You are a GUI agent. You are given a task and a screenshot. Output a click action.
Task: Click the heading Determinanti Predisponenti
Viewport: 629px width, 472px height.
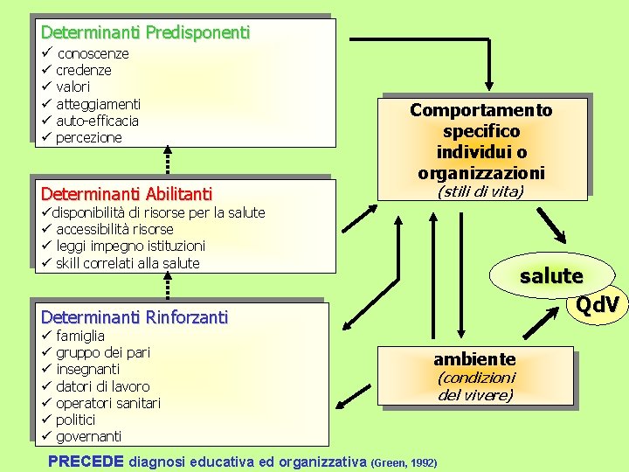pyautogui.click(x=145, y=32)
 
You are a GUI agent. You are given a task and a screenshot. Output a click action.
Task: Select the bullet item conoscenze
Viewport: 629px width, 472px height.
pyautogui.click(x=92, y=53)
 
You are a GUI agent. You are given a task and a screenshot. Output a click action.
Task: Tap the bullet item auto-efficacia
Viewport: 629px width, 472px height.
pyautogui.click(x=97, y=121)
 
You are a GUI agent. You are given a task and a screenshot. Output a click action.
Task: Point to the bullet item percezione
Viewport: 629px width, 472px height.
pyautogui.click(x=88, y=137)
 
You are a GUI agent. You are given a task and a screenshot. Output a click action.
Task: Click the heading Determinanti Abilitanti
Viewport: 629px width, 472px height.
pyautogui.click(x=126, y=193)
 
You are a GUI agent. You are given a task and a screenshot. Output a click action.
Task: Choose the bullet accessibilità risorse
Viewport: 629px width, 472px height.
pyautogui.click(x=114, y=229)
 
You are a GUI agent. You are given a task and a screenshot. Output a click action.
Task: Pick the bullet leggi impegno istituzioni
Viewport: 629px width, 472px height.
pyautogui.click(x=130, y=246)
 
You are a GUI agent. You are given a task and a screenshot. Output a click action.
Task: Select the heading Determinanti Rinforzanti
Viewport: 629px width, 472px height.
pyautogui.click(x=134, y=317)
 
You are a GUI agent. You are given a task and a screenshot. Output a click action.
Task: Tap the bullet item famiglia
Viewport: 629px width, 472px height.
pyautogui.click(x=80, y=336)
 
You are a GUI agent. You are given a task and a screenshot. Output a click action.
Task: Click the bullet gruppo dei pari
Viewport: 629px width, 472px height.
pyautogui.click(x=103, y=352)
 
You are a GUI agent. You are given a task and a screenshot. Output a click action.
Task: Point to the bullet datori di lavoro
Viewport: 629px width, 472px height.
pyautogui.click(x=102, y=386)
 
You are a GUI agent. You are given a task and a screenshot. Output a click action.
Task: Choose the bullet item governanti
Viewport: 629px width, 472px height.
pyautogui.click(x=88, y=436)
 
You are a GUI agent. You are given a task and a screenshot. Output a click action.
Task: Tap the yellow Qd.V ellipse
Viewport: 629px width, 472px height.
pyautogui.click(x=598, y=304)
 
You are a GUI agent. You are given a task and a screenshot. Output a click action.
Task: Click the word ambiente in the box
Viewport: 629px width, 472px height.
pyautogui.click(x=474, y=359)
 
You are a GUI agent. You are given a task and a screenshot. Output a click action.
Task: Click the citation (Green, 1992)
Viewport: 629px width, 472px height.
pyautogui.click(x=404, y=462)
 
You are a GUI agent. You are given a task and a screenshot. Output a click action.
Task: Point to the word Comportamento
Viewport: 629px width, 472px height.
pyautogui.click(x=481, y=110)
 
